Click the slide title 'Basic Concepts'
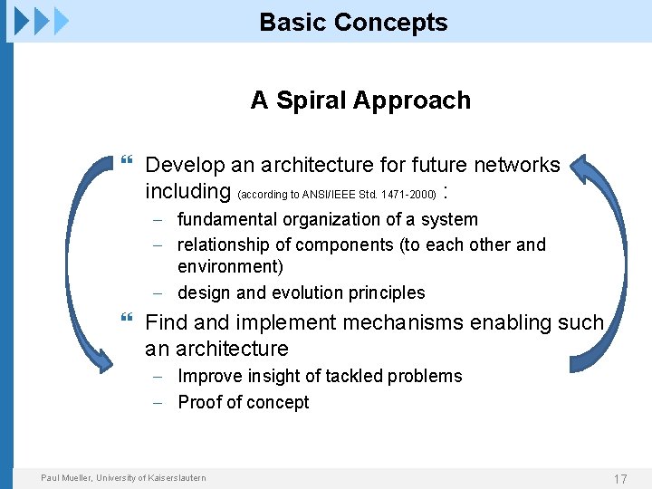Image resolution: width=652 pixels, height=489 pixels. [x=353, y=23]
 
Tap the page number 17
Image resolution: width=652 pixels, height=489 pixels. [x=620, y=479]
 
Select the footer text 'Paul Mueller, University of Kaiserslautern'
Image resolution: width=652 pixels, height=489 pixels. [x=123, y=478]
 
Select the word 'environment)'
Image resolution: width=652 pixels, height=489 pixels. [x=230, y=266]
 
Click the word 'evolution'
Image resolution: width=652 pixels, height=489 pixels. [x=298, y=292]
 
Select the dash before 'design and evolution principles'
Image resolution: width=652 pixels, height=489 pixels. [x=158, y=292]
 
